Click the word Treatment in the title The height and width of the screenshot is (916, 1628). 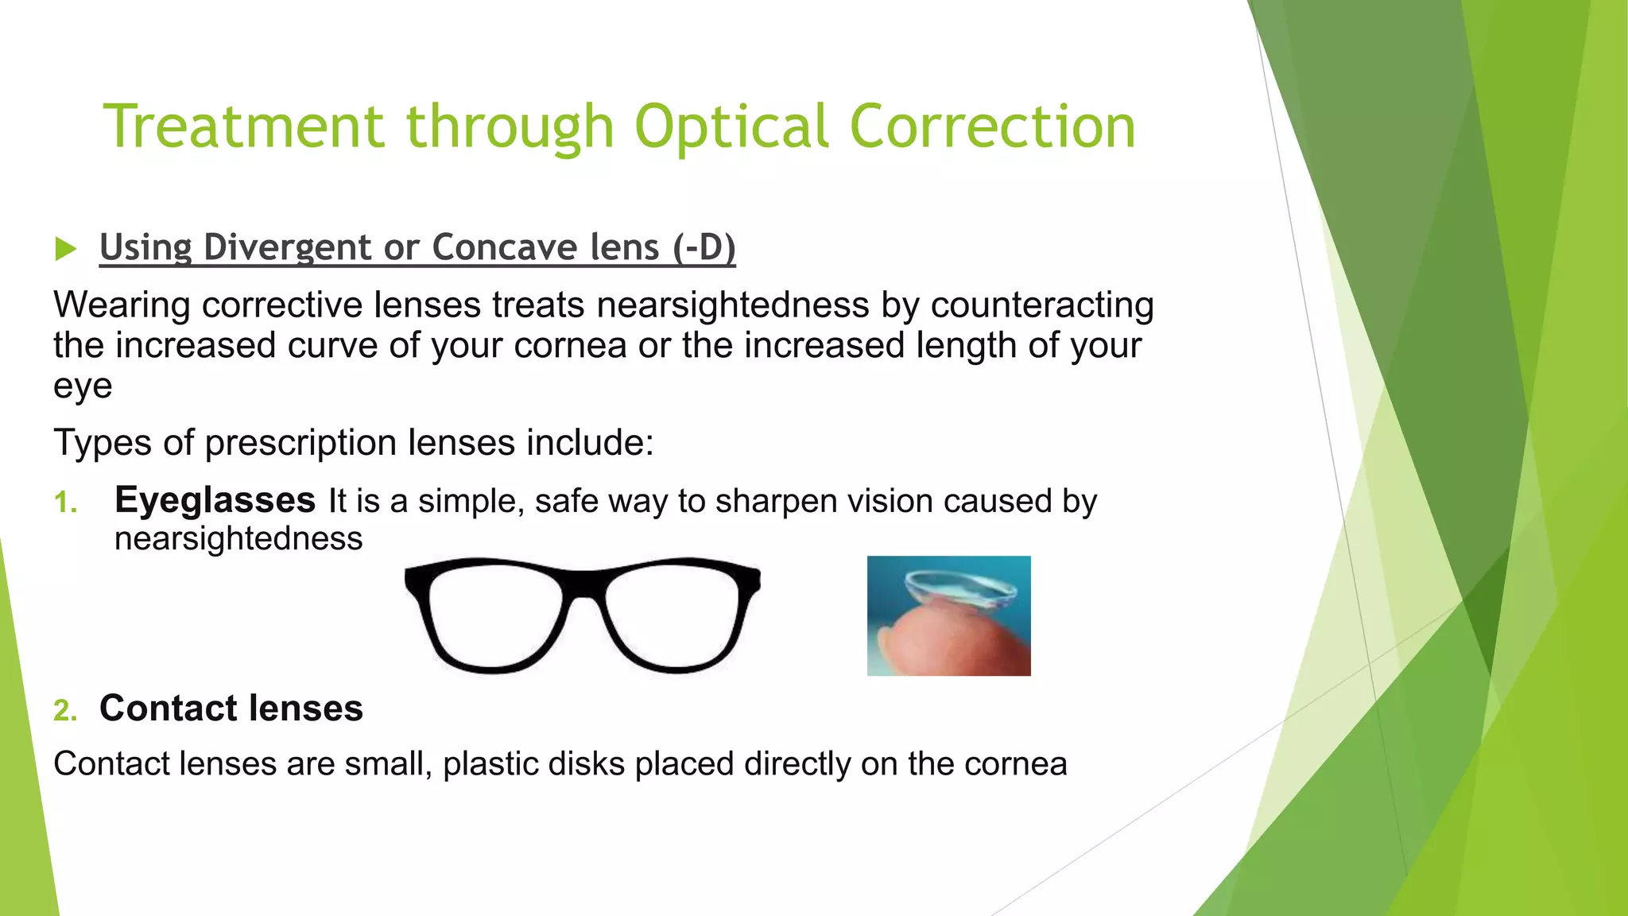click(x=244, y=127)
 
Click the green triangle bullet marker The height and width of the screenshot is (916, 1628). click(x=65, y=249)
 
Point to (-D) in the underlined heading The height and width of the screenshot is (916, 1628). click(x=704, y=247)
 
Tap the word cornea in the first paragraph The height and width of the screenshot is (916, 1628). click(x=570, y=346)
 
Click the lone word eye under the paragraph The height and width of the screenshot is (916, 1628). click(x=83, y=387)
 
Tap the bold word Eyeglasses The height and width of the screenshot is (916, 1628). click(x=215, y=501)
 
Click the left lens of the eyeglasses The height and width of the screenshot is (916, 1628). click(x=494, y=614)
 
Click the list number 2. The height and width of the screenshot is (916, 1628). click(x=65, y=710)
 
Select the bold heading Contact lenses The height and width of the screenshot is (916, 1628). click(x=231, y=708)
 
